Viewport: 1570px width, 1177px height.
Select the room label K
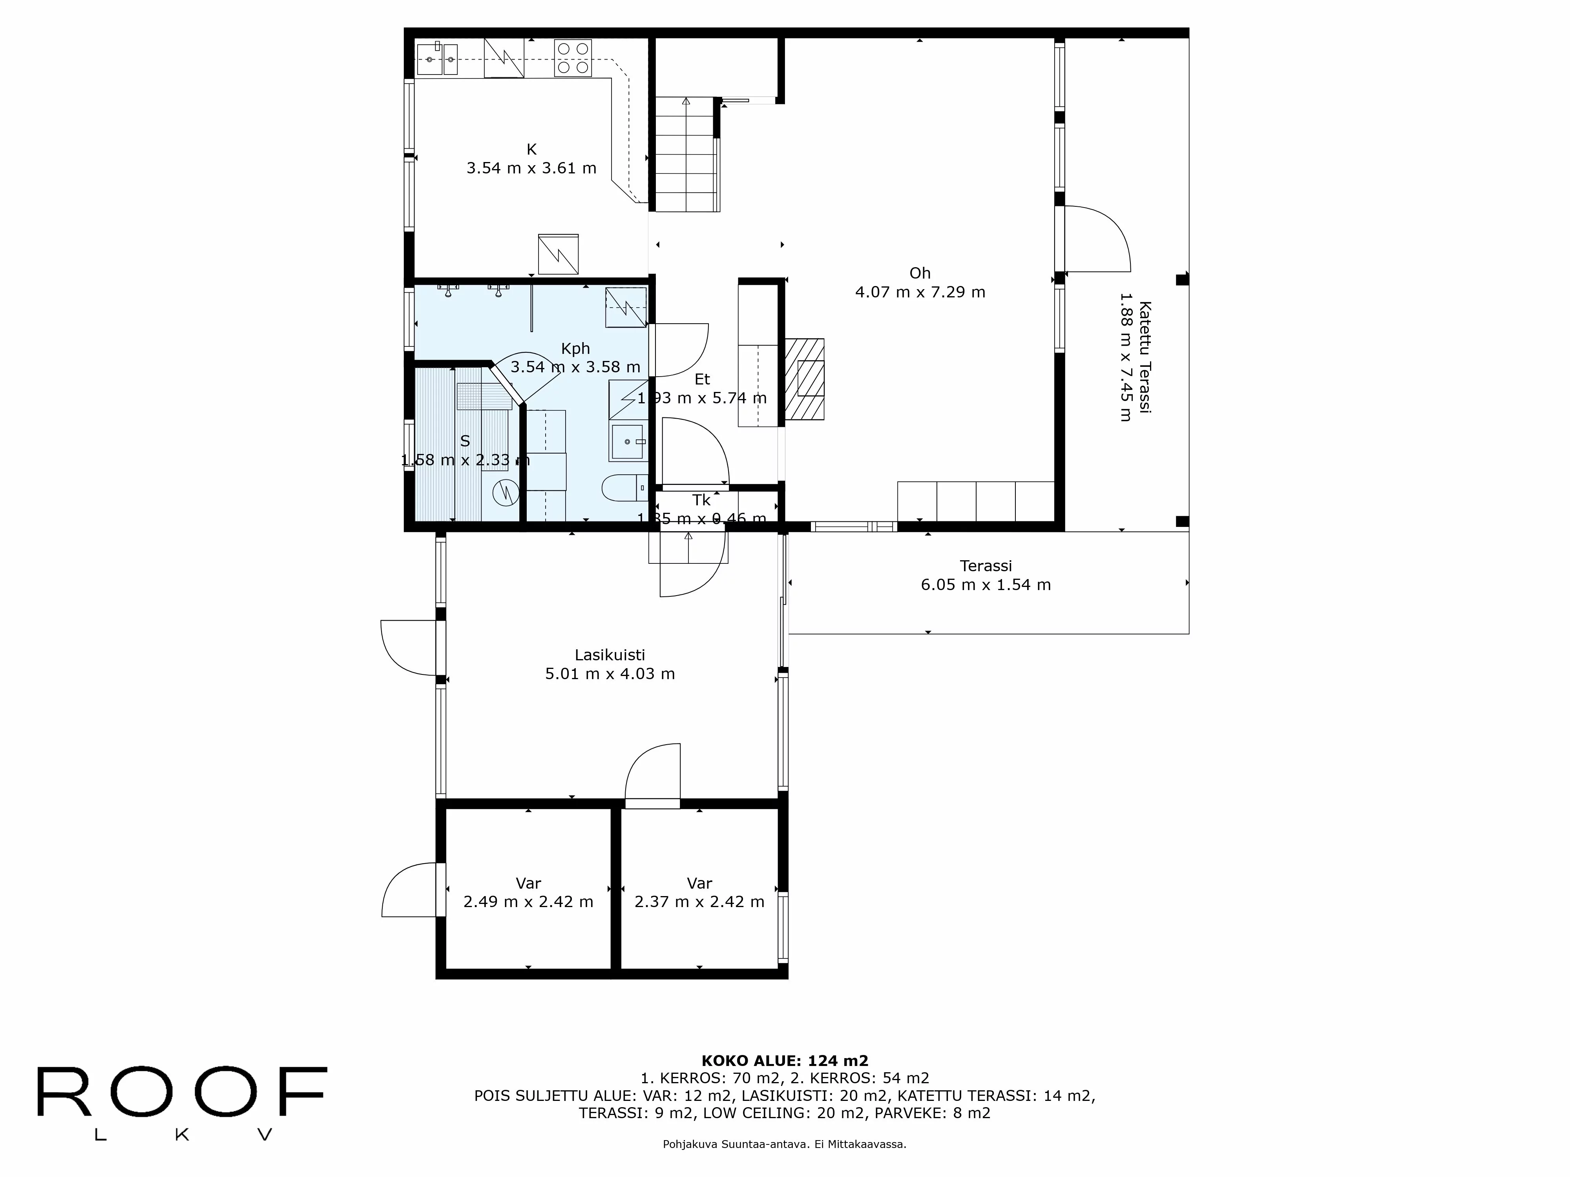click(531, 149)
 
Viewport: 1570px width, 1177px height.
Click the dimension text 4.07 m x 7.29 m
click(920, 292)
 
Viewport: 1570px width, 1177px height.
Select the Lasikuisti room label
click(609, 655)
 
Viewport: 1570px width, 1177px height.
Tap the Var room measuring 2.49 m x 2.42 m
click(528, 893)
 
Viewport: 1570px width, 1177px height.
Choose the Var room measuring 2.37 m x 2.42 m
click(699, 893)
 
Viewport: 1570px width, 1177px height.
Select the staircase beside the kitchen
click(685, 155)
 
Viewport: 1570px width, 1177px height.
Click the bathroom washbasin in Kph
click(628, 441)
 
